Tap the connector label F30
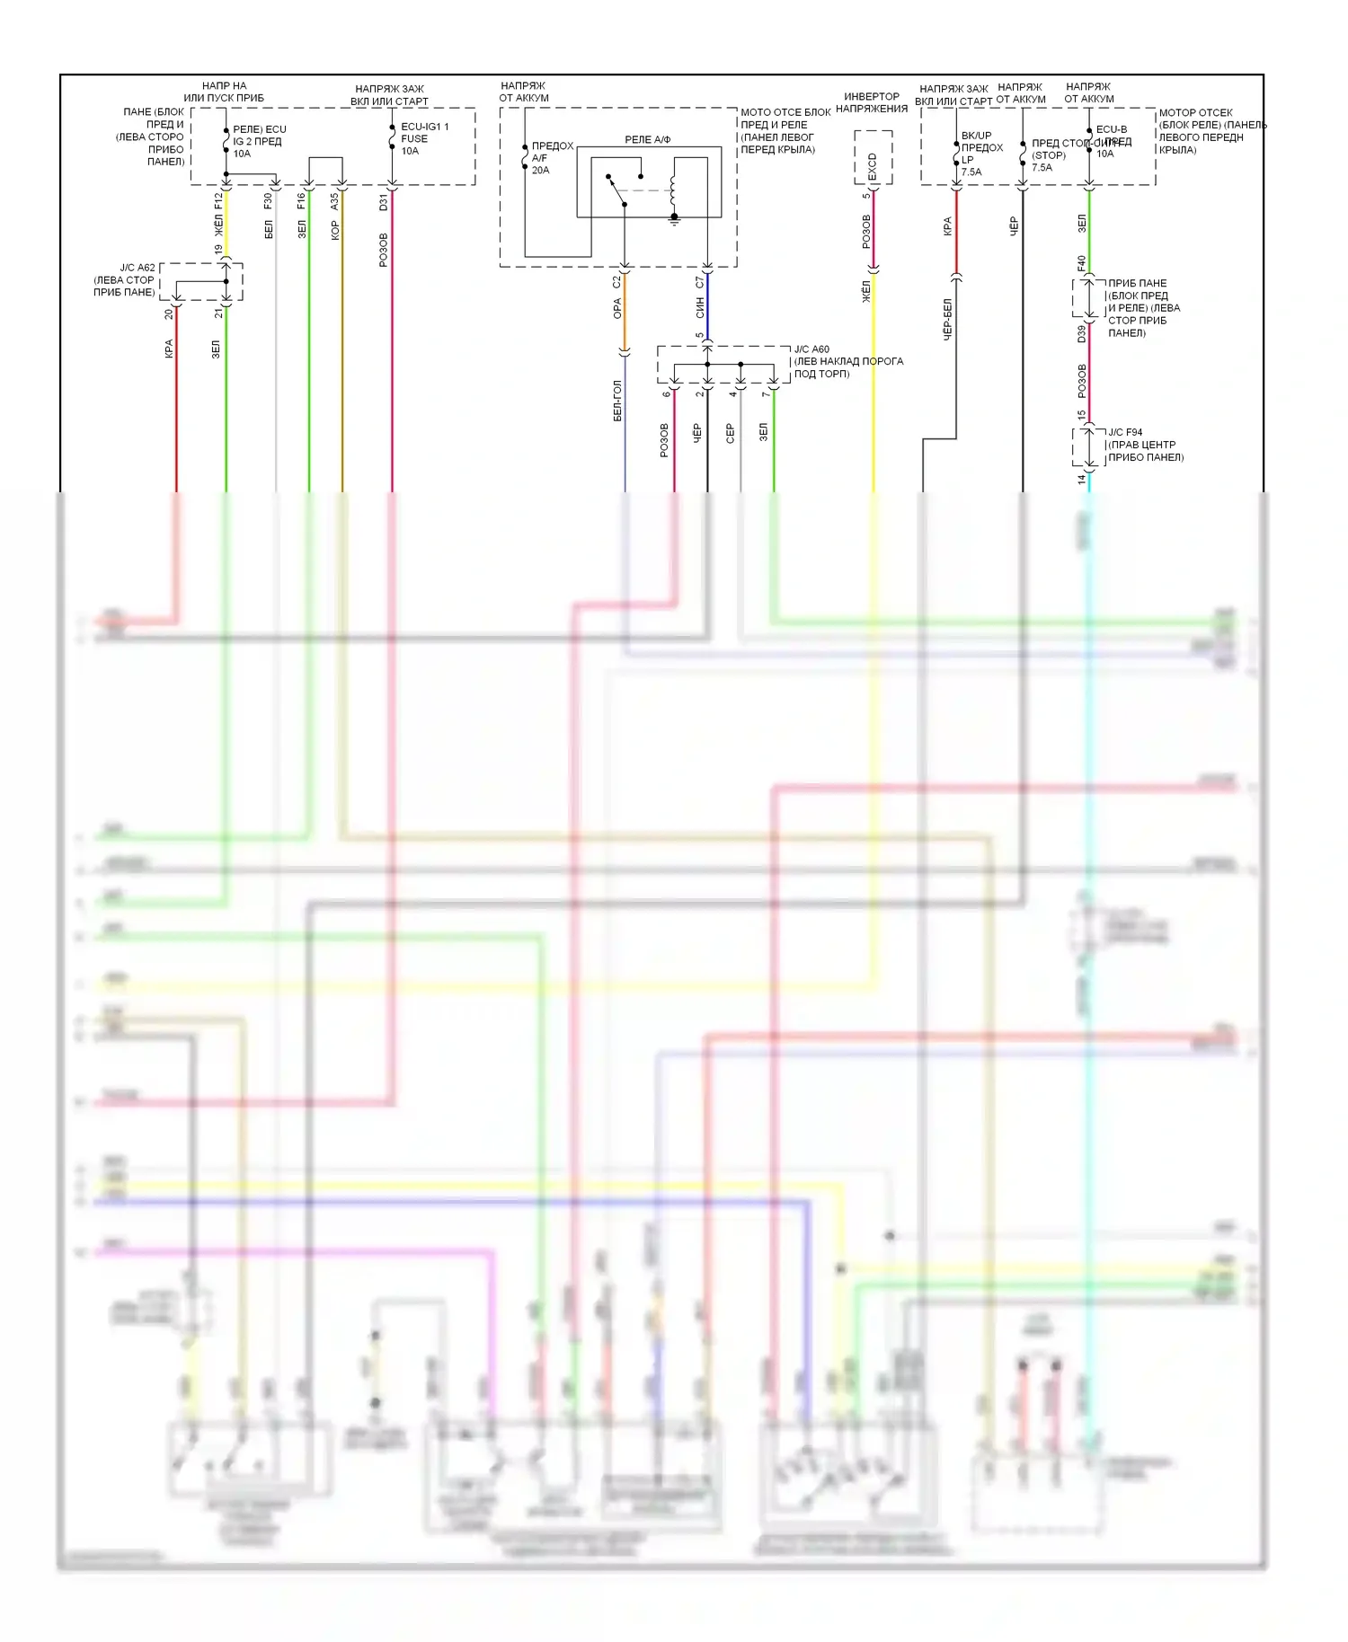(x=268, y=201)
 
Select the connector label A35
(x=334, y=201)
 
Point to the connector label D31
(x=384, y=201)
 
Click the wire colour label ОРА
(x=617, y=309)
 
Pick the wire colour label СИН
(x=700, y=308)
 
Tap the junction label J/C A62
(x=137, y=268)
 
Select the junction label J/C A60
(x=811, y=349)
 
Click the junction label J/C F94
(x=1125, y=432)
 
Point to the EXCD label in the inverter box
(x=872, y=165)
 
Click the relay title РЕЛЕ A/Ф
(x=647, y=139)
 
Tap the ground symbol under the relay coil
(x=674, y=218)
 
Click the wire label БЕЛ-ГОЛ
(x=617, y=401)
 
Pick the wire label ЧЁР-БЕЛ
(x=947, y=320)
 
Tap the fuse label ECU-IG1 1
(x=424, y=127)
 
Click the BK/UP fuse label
(x=976, y=136)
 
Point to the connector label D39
(x=1082, y=333)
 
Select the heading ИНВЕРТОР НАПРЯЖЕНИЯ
(x=871, y=102)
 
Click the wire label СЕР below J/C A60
(x=731, y=433)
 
